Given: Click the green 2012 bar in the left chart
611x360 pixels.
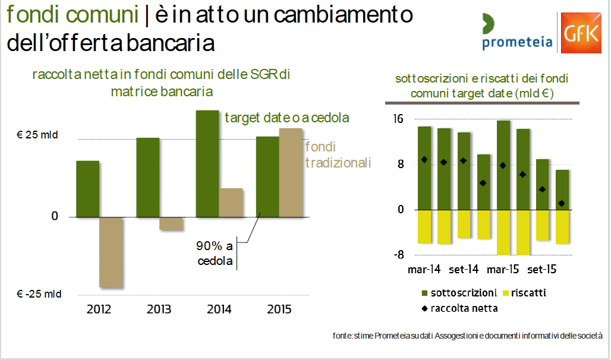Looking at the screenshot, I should [88, 189].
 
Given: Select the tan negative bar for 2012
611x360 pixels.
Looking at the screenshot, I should [111, 252].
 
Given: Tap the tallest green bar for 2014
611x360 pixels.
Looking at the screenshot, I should [207, 163].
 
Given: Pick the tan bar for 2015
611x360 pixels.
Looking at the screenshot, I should [290, 172].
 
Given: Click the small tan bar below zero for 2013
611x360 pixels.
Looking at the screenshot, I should [171, 224].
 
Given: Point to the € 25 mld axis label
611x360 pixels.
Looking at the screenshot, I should [37, 135].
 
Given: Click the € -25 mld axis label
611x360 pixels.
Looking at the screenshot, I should [39, 293].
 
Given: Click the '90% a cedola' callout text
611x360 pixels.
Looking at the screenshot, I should [215, 252].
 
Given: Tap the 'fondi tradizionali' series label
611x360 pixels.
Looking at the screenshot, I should [338, 154].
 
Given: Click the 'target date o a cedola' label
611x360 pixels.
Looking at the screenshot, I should [286, 118].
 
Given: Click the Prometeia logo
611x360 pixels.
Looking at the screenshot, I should [516, 33].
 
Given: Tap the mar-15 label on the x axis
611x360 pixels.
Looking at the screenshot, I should [503, 270].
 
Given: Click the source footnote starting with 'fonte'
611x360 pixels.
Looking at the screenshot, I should [468, 336].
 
